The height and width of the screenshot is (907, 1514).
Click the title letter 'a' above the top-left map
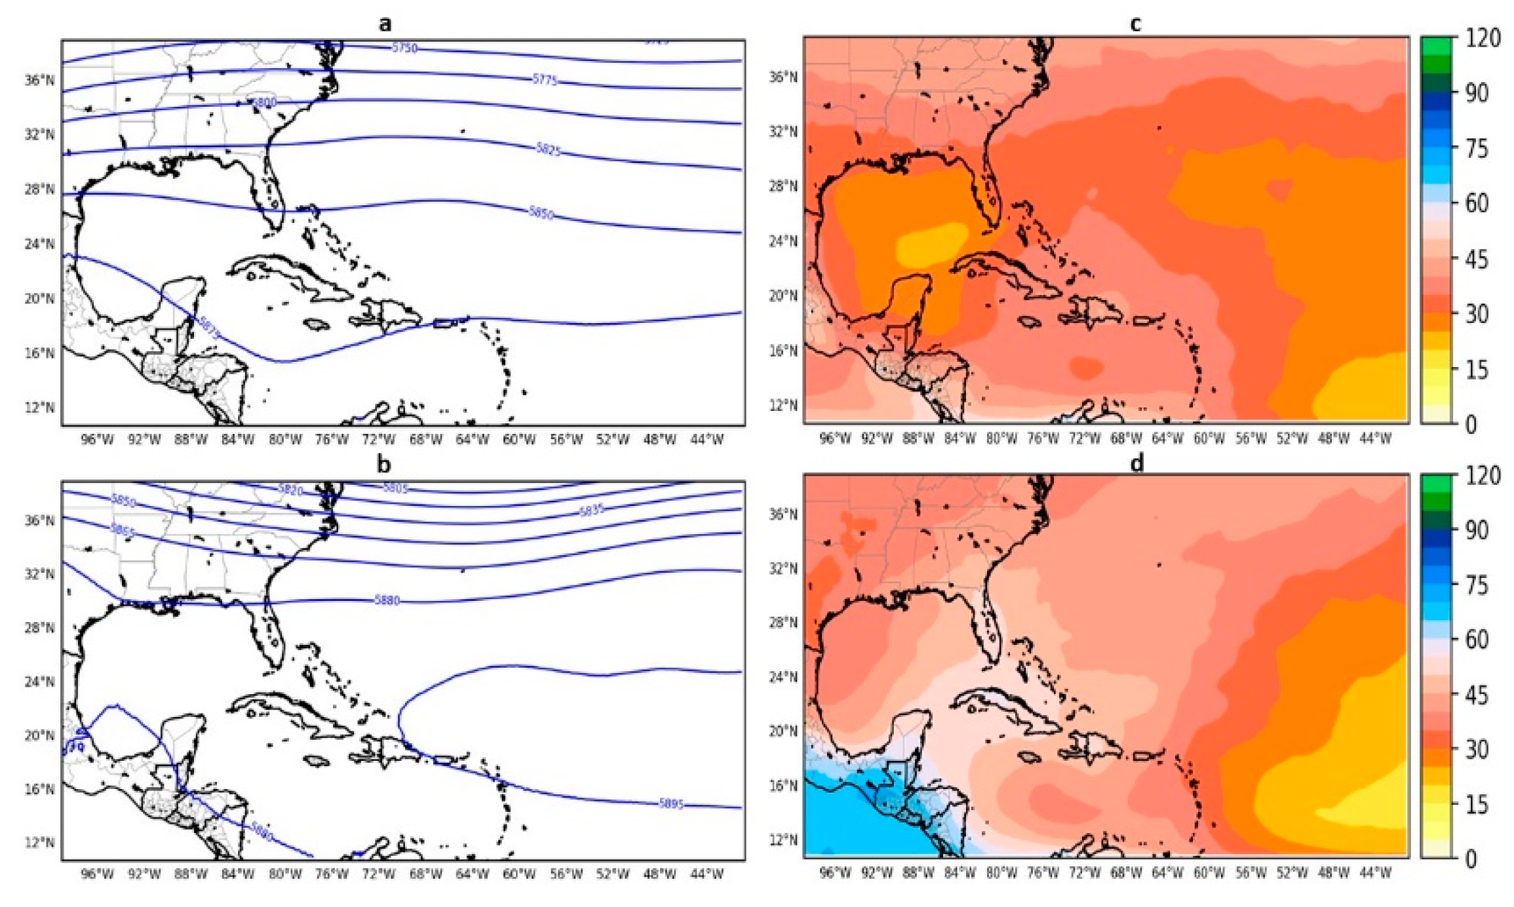click(385, 24)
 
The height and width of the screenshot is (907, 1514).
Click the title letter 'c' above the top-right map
click(1136, 24)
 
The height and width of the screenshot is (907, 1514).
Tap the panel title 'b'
click(384, 464)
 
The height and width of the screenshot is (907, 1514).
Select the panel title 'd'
click(1137, 463)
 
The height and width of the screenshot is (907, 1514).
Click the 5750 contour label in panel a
click(404, 48)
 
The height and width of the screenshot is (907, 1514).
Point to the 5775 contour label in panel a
click(545, 80)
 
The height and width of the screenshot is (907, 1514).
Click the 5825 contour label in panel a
click(549, 149)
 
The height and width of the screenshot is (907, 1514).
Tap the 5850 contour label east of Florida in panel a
click(541, 213)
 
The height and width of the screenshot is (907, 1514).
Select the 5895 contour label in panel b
click(671, 803)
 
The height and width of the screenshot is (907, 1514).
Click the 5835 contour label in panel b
click(591, 510)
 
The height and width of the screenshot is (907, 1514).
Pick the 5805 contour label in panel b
click(395, 488)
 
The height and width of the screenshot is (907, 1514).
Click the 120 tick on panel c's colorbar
click(1483, 38)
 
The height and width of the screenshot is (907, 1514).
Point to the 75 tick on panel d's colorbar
click(1477, 585)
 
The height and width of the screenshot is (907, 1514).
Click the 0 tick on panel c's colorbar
click(1471, 425)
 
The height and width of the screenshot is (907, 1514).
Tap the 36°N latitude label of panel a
click(40, 80)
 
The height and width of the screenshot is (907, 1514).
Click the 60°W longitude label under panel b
click(519, 874)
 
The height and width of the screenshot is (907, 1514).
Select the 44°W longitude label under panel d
click(1375, 873)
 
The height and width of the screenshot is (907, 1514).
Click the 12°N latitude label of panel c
click(783, 405)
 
